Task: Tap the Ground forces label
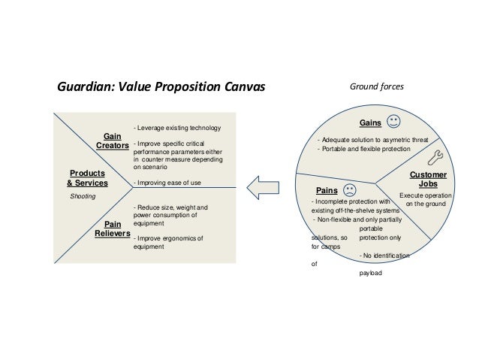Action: pyautogui.click(x=377, y=87)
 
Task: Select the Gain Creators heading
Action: pyautogui.click(x=113, y=141)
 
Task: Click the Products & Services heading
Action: pyautogui.click(x=88, y=178)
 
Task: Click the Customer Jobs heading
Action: pyautogui.click(x=429, y=179)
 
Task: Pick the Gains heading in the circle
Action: pyautogui.click(x=371, y=123)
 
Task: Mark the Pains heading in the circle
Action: pyautogui.click(x=325, y=191)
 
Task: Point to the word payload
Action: pyautogui.click(x=371, y=273)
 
